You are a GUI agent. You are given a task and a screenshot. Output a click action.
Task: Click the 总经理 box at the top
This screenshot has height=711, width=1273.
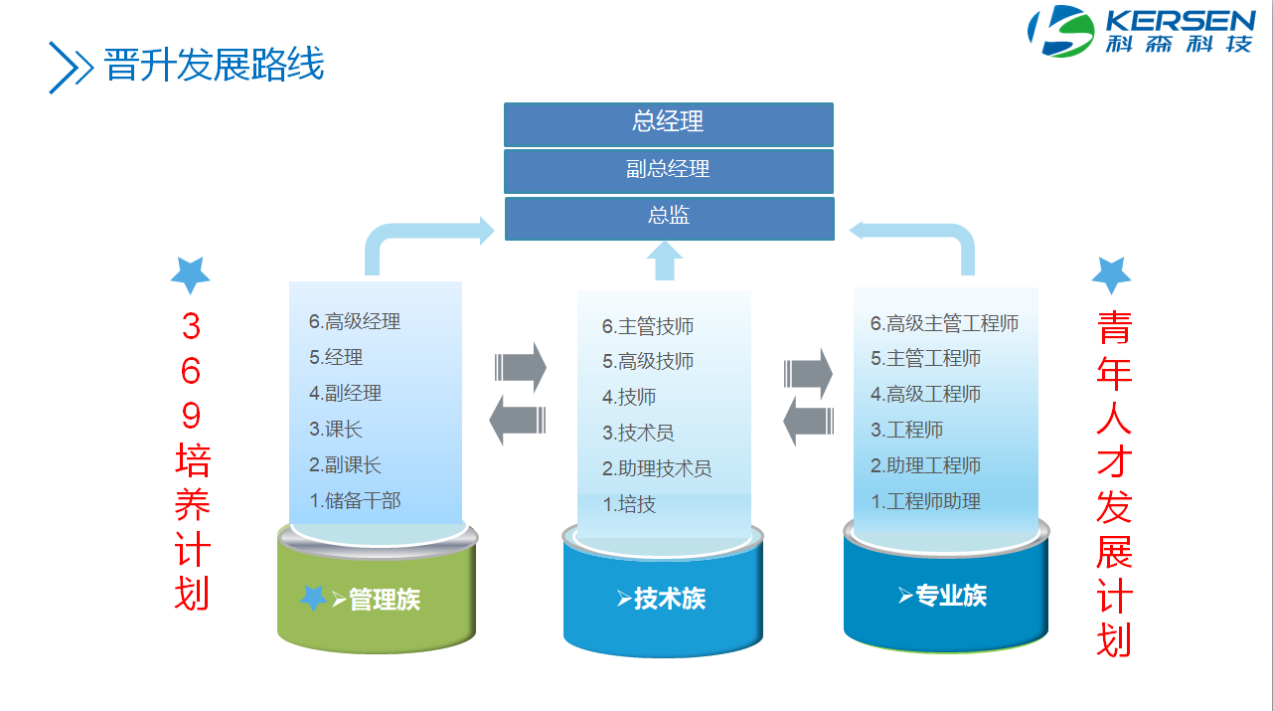pyautogui.click(x=669, y=124)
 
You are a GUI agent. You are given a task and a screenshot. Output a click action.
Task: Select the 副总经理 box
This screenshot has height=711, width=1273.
pyautogui.click(x=669, y=171)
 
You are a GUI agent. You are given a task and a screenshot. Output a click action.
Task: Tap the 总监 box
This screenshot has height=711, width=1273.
pyautogui.click(x=670, y=219)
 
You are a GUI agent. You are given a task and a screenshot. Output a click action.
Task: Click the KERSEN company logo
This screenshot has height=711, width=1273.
pyautogui.click(x=1142, y=31)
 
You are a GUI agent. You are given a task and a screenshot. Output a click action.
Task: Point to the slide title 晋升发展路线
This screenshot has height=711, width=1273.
pyautogui.click(x=214, y=65)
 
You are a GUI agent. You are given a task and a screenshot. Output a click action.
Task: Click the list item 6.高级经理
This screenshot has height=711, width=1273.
pyautogui.click(x=355, y=321)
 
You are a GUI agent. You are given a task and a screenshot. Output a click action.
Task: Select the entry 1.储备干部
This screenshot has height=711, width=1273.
pyautogui.click(x=355, y=500)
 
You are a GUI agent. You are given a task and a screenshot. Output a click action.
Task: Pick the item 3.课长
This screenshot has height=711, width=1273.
pyautogui.click(x=336, y=429)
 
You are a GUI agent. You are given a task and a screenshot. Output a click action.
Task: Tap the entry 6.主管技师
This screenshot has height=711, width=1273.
pyautogui.click(x=648, y=326)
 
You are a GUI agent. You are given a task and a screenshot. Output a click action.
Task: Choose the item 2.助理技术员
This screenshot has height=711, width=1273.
pyautogui.click(x=657, y=468)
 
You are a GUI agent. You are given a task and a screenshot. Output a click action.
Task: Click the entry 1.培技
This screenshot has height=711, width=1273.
pyautogui.click(x=629, y=504)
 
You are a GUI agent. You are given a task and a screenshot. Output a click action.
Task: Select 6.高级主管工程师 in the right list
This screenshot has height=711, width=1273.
pyautogui.click(x=944, y=323)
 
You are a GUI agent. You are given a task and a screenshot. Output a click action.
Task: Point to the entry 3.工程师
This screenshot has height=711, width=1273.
pyautogui.click(x=907, y=430)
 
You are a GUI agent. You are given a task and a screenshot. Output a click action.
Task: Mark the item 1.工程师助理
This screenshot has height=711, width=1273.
pyautogui.click(x=926, y=501)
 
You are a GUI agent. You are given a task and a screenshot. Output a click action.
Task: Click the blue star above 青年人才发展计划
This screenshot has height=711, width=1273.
pyautogui.click(x=1112, y=274)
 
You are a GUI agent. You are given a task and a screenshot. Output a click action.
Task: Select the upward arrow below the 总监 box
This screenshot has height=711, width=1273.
pyautogui.click(x=665, y=262)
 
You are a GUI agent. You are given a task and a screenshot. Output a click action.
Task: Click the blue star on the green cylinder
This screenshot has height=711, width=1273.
pyautogui.click(x=313, y=598)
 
